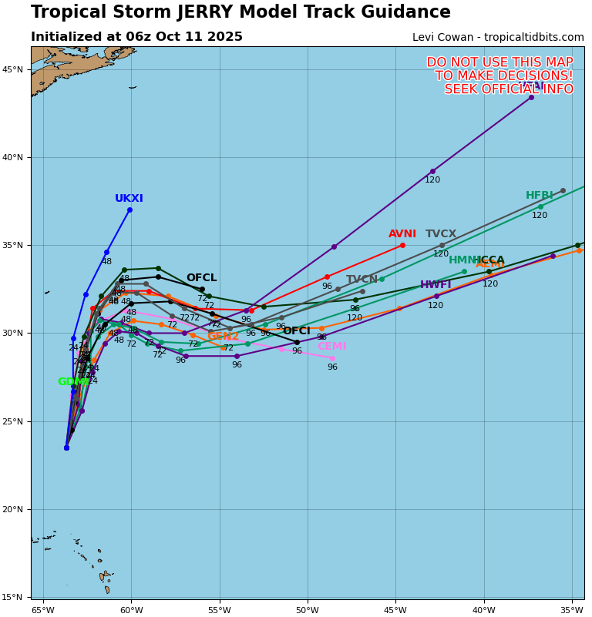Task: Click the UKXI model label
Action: (129, 199)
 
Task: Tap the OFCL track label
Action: (201, 278)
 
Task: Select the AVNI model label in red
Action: (402, 234)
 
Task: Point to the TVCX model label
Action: (441, 234)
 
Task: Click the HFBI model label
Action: (540, 196)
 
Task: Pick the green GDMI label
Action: (73, 382)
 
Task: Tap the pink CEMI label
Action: (331, 347)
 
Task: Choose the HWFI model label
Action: (436, 285)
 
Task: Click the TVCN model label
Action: (362, 280)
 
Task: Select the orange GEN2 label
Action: (223, 337)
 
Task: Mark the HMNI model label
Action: (463, 260)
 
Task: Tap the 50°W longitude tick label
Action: (308, 611)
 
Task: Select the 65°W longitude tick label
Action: (43, 611)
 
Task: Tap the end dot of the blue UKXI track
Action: (129, 210)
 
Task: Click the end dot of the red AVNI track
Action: (402, 245)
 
